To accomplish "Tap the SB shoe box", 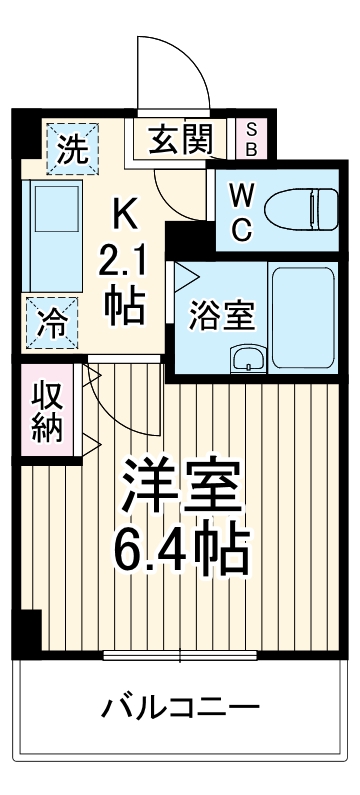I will click(251, 139).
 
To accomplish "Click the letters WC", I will click(241, 211).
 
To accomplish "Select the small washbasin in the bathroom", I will click(244, 357).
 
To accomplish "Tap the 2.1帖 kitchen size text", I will click(125, 285).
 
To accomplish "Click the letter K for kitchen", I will click(124, 212).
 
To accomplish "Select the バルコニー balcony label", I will click(181, 708).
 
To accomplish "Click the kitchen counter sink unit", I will click(47, 235).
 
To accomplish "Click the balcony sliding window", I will click(180, 656).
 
